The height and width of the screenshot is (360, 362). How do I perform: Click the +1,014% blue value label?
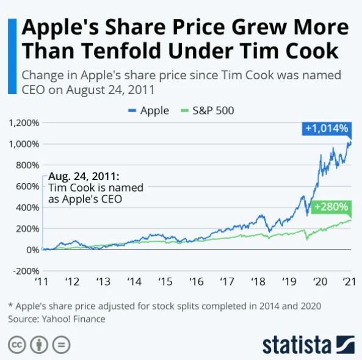327,128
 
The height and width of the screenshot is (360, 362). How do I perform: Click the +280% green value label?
330,207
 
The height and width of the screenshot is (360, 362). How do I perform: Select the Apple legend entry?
148,110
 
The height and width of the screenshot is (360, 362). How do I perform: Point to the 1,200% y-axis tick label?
24,123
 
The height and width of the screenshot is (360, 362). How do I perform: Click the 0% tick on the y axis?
32,250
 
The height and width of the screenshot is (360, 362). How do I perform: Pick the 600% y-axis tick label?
27,186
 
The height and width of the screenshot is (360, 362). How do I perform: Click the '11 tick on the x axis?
42,283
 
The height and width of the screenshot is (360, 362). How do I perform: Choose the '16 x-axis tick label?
196,283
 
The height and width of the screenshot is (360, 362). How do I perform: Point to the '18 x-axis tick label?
258,283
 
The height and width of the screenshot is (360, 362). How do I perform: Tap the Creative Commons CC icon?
17,345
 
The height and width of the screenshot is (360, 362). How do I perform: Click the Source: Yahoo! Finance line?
57,319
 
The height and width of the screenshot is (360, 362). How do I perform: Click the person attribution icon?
39,345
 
